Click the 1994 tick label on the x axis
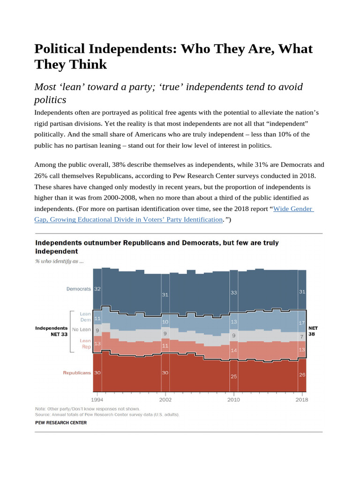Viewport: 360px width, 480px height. click(97, 400)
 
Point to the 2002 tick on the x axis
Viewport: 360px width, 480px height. click(165, 400)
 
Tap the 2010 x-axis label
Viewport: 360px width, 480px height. click(233, 400)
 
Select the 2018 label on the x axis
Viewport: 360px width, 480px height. click(302, 400)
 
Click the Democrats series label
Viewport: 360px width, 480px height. click(78, 289)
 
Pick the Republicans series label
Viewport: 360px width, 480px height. click(77, 373)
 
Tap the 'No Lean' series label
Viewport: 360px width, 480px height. click(82, 330)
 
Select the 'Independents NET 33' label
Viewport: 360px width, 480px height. click(52, 331)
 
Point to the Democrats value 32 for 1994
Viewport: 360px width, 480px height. click(97, 289)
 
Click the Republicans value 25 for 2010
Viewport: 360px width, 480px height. click(234, 376)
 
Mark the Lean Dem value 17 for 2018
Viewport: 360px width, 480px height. click(302, 322)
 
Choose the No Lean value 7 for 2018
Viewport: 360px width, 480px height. click(302, 336)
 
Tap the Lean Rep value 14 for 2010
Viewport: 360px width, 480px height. click(234, 350)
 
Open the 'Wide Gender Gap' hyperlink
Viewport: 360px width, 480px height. click(293, 209)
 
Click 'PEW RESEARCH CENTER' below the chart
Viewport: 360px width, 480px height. click(61, 422)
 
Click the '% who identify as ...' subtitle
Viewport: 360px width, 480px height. click(60, 261)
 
